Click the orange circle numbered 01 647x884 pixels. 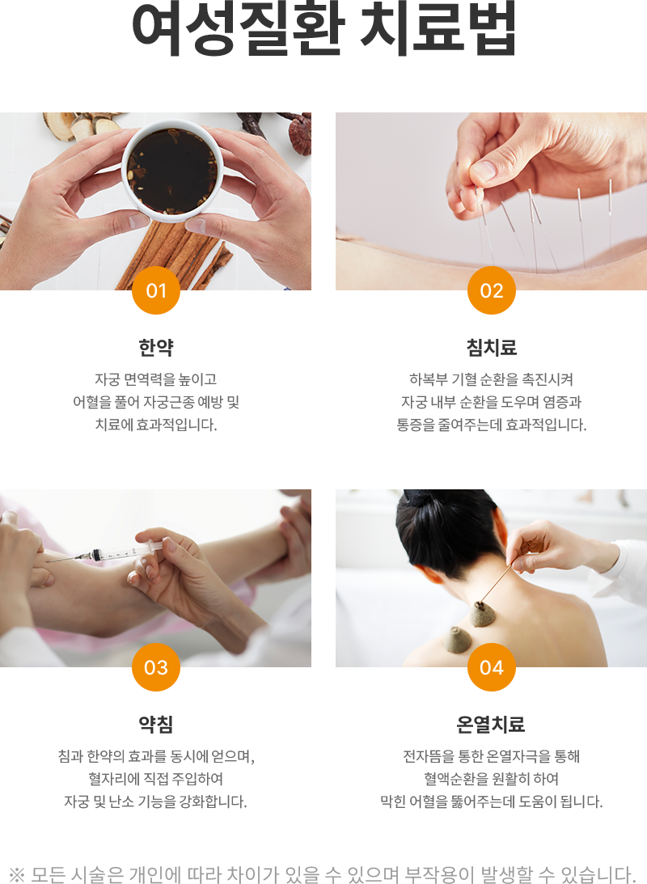(156, 290)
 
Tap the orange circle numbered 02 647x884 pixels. (492, 290)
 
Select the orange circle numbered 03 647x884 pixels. (156, 667)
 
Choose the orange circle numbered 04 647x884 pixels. (492, 667)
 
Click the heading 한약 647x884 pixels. (156, 348)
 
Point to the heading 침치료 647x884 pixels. (492, 348)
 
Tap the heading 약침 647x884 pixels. (156, 725)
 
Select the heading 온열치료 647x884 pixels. (492, 725)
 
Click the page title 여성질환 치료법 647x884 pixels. (323, 29)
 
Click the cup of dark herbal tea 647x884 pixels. (171, 168)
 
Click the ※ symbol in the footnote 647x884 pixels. (18, 874)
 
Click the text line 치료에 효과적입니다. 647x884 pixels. (156, 424)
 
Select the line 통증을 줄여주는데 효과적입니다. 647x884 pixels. (492, 424)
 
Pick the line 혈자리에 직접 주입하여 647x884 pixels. (156, 779)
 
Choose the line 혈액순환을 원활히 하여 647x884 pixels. (492, 779)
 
